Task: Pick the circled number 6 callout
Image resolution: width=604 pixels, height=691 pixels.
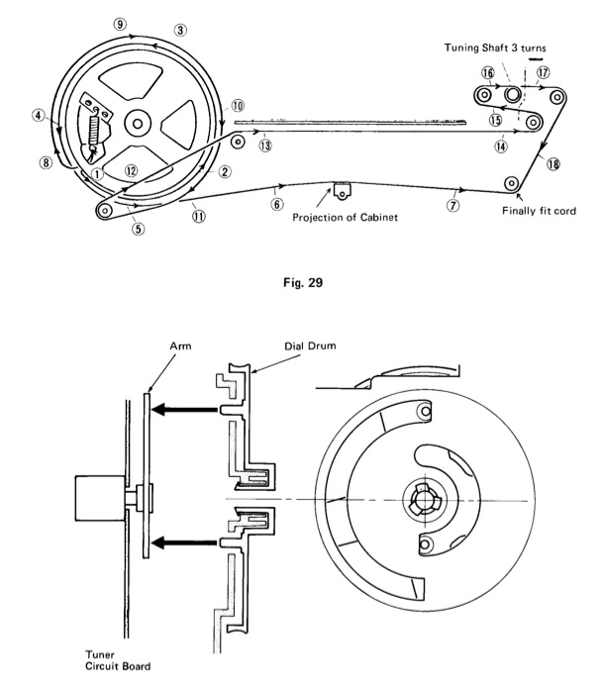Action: pos(277,202)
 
